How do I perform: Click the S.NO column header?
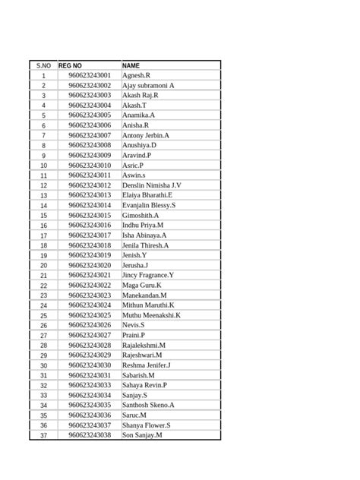(x=43, y=66)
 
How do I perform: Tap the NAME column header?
(x=131, y=66)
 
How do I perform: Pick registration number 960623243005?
(x=90, y=115)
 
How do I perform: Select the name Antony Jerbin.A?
(x=146, y=135)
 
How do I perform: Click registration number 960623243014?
(x=90, y=205)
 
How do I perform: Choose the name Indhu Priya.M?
(x=143, y=226)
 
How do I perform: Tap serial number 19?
(x=43, y=256)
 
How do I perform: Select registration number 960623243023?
(x=90, y=295)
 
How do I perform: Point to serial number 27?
(x=43, y=336)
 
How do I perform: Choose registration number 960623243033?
(x=90, y=385)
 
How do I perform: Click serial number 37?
(x=43, y=436)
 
